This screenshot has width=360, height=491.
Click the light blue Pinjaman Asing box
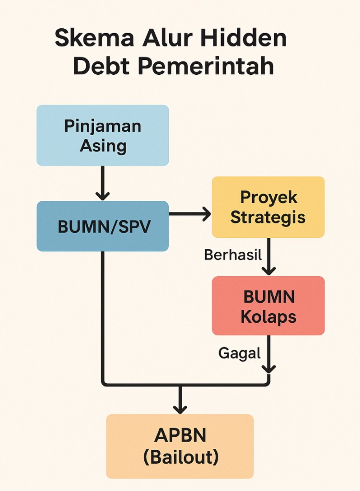(103, 135)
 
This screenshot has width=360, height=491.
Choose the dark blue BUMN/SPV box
(103, 226)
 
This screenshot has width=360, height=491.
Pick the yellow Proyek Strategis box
(268, 207)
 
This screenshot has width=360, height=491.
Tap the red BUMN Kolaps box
(268, 305)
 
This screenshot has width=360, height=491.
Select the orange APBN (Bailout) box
(180, 446)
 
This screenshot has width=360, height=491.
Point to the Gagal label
(239, 353)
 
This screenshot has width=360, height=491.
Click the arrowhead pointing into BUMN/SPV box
(103, 196)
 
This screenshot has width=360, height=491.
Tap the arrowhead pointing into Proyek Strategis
(206, 214)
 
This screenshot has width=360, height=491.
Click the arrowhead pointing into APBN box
(180, 409)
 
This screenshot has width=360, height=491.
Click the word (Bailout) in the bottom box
(180, 456)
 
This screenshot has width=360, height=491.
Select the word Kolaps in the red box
(268, 316)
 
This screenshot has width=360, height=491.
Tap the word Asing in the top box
(103, 145)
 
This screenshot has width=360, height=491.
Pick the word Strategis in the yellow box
(268, 217)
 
